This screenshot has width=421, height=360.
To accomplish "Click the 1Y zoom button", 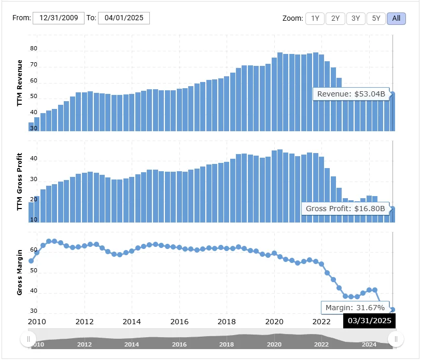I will (315, 18).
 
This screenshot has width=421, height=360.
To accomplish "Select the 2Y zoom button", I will (335, 18).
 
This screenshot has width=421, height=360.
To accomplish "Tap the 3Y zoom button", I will (356, 18).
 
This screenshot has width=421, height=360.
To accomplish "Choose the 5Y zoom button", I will (376, 18).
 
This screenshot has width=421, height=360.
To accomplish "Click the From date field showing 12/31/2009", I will (59, 18).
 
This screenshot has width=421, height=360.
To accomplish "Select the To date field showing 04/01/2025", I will (123, 18).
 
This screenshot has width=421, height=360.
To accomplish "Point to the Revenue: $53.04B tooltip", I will (351, 94).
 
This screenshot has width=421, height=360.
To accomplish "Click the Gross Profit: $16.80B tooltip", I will (345, 209).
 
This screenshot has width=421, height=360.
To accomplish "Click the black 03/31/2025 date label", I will (369, 321).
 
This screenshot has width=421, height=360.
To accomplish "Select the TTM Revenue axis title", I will (20, 84).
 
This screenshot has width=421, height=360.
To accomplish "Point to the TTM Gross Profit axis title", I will (20, 182).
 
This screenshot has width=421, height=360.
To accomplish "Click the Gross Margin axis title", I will (20, 272).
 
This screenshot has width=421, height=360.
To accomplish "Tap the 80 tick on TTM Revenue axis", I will (34, 49).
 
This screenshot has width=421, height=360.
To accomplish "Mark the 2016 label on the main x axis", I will (179, 322).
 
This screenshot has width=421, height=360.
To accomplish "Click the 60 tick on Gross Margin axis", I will (34, 250).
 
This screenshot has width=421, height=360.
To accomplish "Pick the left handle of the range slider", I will (27, 339).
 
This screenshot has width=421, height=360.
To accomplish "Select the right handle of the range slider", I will (396, 339).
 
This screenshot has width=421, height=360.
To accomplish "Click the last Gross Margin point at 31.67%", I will (393, 310).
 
